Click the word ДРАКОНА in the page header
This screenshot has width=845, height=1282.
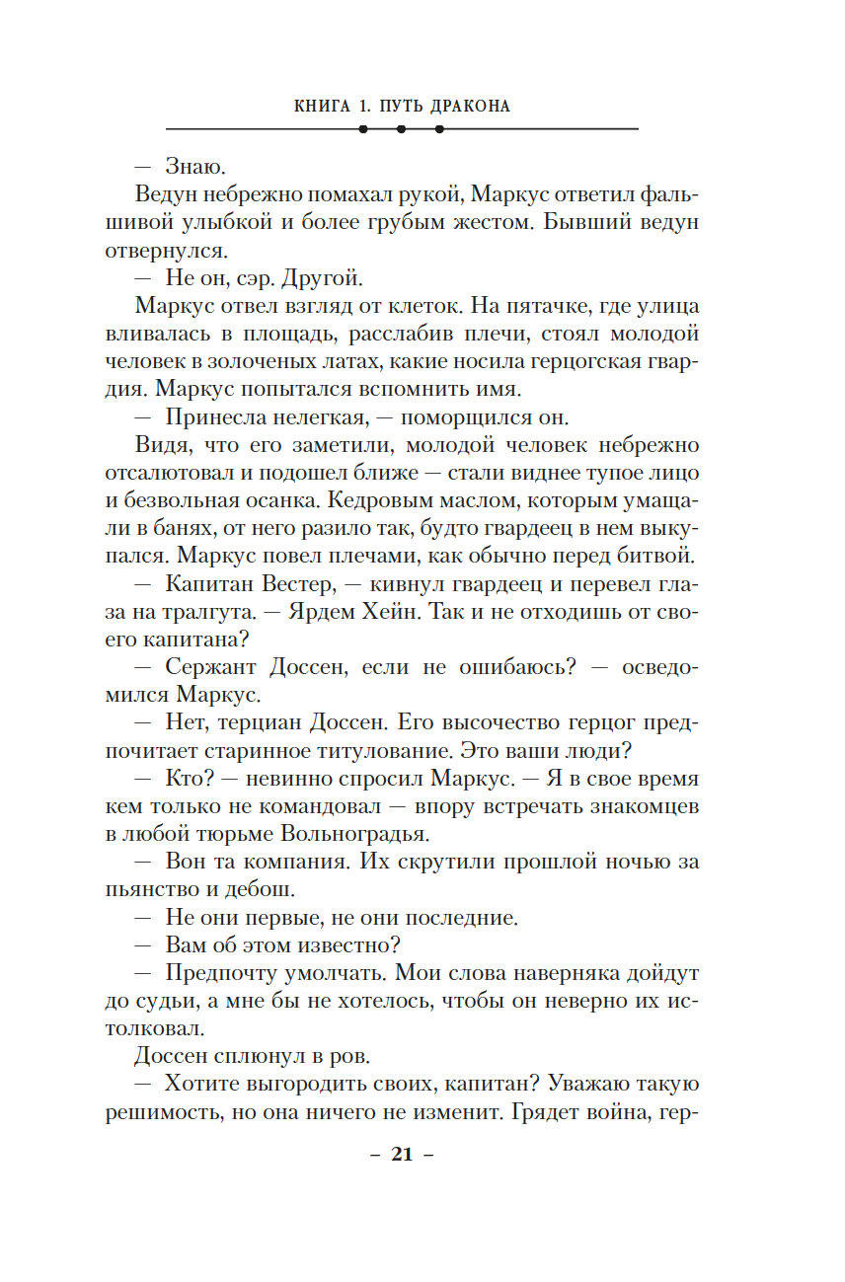[468, 107]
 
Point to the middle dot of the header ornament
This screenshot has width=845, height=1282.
[401, 129]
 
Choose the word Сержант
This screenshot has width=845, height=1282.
[208, 666]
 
